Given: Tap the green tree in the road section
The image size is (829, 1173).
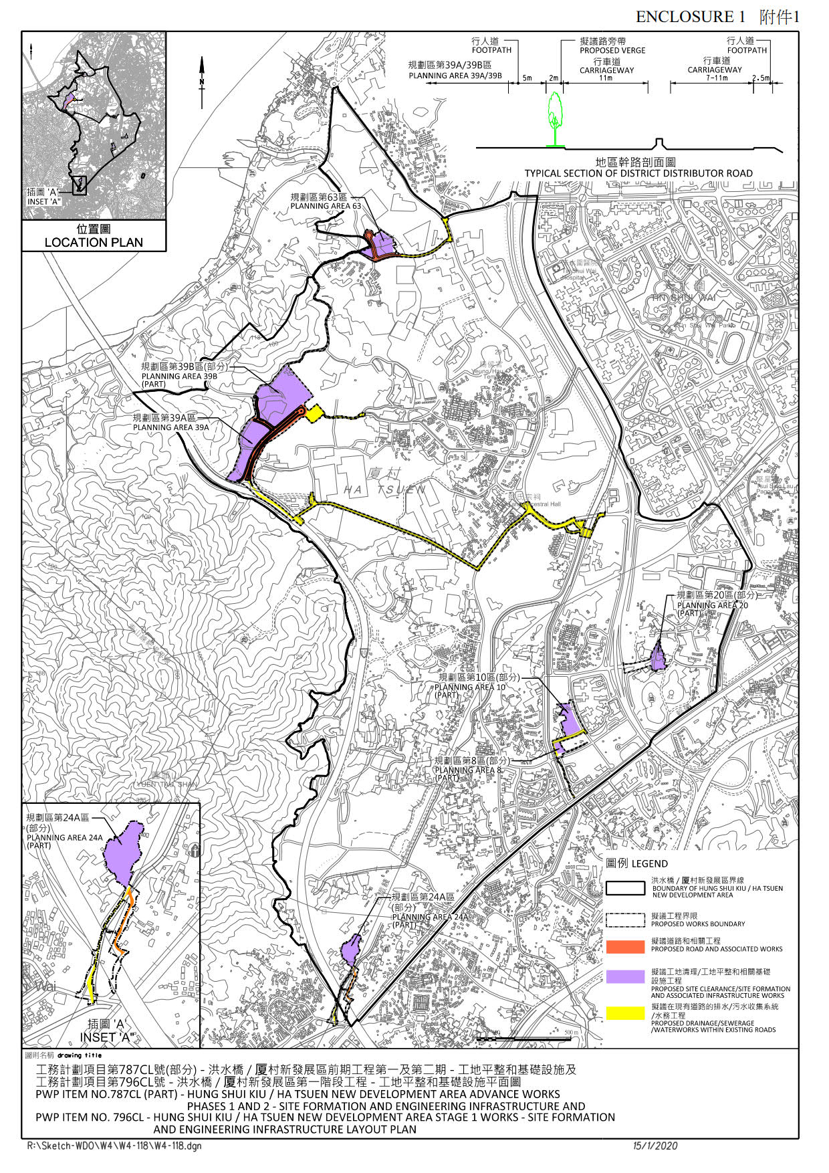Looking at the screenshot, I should click(554, 118).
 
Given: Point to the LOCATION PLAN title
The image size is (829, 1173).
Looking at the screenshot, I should click(94, 242).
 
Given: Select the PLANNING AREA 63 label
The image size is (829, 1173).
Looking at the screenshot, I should click(326, 206).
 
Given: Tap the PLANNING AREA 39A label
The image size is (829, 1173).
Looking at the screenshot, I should click(170, 427).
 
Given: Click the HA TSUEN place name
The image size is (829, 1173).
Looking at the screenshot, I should click(384, 490).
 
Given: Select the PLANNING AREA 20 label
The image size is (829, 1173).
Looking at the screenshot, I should click(713, 605).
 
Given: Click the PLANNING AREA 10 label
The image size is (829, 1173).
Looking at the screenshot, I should click(470, 687).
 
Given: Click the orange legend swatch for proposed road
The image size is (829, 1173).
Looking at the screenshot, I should click(625, 946).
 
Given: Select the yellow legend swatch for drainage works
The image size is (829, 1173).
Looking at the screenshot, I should click(625, 1013).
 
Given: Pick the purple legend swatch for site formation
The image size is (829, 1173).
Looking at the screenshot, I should click(625, 976).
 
